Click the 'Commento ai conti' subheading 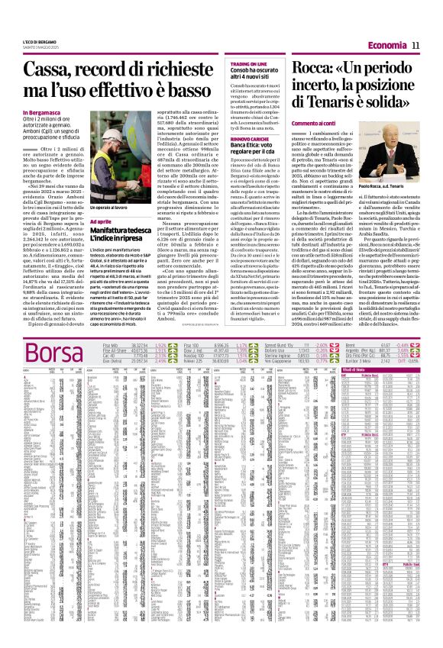284,123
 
